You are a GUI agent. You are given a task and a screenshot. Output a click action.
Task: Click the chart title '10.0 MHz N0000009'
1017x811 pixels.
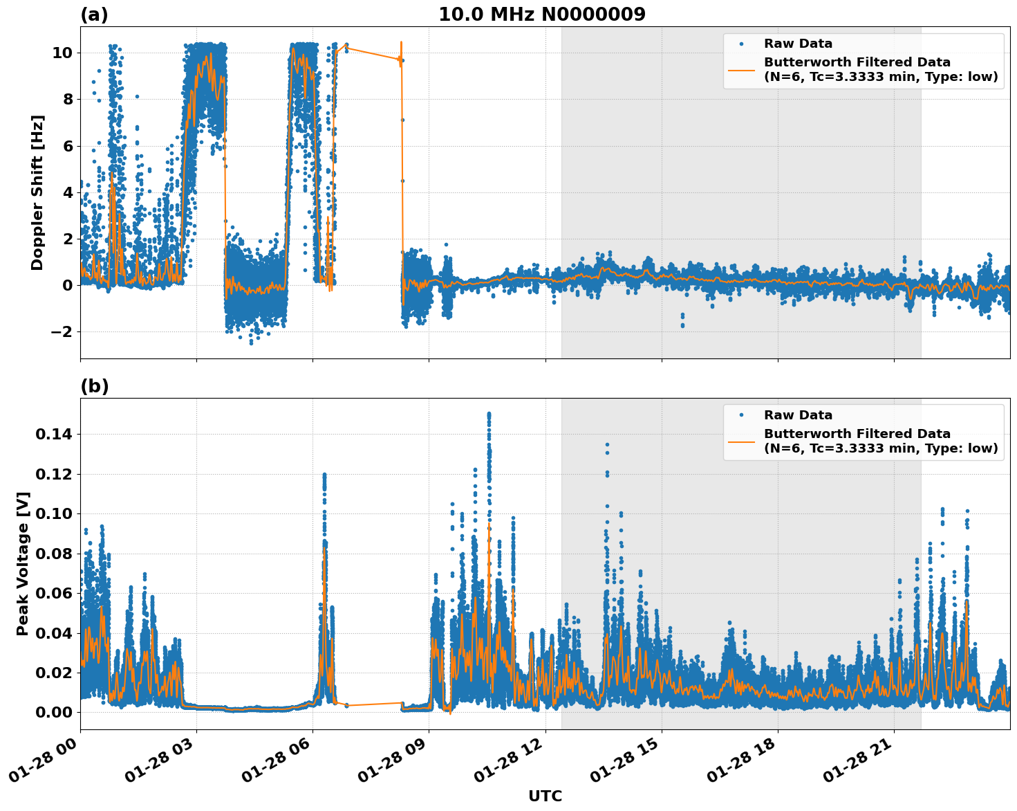(x=541, y=15)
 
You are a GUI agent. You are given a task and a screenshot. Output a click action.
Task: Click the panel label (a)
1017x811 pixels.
(x=94, y=15)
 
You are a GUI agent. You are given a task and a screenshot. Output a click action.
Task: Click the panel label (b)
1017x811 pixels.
(x=94, y=386)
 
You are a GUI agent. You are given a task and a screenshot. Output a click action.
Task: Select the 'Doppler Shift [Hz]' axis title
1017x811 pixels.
(x=37, y=192)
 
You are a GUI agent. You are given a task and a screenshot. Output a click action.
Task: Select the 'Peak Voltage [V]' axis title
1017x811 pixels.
(x=23, y=563)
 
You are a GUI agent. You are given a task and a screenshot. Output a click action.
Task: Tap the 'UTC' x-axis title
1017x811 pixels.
(x=545, y=796)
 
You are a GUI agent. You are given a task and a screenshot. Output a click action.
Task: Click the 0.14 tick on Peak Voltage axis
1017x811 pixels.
(x=53, y=435)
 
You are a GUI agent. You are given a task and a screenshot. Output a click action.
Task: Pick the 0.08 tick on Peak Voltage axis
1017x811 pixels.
(x=53, y=554)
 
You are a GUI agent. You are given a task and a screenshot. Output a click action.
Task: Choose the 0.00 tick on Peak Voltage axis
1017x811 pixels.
(x=53, y=712)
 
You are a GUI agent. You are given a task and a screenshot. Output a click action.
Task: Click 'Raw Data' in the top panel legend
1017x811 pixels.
(x=798, y=44)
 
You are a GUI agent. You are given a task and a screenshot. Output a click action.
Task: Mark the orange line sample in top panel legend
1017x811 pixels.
(x=741, y=70)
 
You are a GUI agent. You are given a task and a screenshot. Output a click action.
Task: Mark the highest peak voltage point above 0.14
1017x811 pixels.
(x=489, y=414)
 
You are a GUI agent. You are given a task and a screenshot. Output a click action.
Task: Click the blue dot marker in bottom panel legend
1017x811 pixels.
(x=741, y=415)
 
